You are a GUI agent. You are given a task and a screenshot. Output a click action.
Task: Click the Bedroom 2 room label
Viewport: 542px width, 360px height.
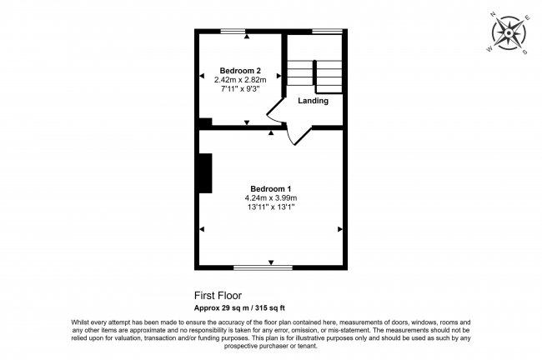(x=241, y=70)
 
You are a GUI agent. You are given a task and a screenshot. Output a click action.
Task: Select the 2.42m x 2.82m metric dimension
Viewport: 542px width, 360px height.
(x=241, y=79)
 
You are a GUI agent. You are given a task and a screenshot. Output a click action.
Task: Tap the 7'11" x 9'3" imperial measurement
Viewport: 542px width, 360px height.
(x=241, y=88)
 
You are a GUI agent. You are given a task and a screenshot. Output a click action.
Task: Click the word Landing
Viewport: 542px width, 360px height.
(x=314, y=101)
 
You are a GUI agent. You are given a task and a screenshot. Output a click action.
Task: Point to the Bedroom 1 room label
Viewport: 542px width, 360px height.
(x=271, y=188)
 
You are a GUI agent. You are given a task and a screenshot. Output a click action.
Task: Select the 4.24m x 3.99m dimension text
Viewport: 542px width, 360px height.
(x=271, y=197)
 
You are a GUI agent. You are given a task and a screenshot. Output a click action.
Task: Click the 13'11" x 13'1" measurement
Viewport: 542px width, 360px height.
(x=271, y=207)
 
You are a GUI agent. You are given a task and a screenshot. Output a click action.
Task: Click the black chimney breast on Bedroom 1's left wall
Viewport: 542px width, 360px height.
(x=204, y=173)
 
